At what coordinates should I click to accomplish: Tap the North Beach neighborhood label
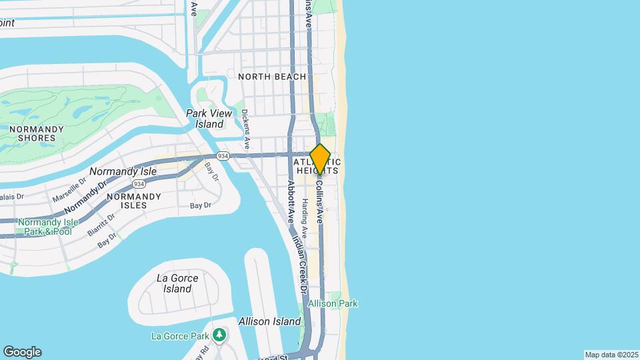click(x=272, y=77)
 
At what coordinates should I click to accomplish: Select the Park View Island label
click(x=209, y=119)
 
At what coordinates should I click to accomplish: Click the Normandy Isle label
click(x=123, y=171)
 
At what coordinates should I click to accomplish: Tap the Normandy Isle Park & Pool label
click(x=45, y=227)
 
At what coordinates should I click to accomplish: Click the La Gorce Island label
click(x=173, y=283)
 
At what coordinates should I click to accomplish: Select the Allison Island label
click(x=269, y=321)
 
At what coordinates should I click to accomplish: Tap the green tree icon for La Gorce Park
click(x=219, y=335)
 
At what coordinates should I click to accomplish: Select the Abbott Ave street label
click(x=291, y=200)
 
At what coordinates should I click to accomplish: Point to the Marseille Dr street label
click(x=70, y=189)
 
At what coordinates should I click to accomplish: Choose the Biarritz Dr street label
click(x=101, y=225)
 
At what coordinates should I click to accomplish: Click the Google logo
click(x=22, y=351)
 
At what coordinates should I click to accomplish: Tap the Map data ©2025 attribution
click(x=611, y=355)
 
